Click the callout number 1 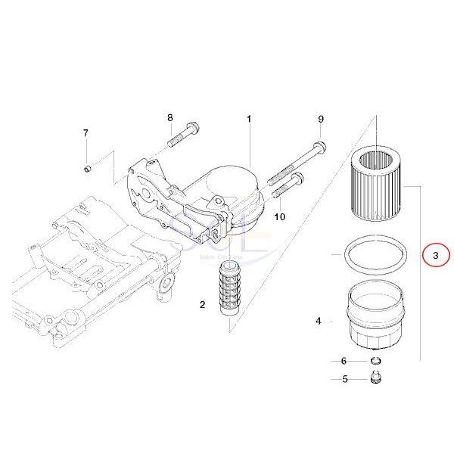coord(249,120)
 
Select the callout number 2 coord(203,305)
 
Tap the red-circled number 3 coord(435,257)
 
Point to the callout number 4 coord(319,322)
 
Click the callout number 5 coord(344,379)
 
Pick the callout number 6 coord(344,362)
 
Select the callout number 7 coord(86,134)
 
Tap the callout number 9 coord(320,120)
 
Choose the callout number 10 coord(279,216)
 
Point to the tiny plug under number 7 coord(87,166)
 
